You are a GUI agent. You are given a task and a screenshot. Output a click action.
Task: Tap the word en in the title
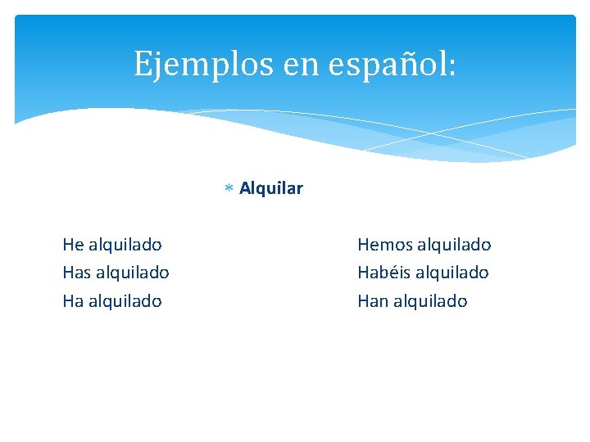click(x=297, y=64)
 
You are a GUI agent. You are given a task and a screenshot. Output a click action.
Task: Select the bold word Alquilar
click(x=271, y=189)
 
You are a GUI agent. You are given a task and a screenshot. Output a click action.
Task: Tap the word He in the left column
click(x=73, y=244)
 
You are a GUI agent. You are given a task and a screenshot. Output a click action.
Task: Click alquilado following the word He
click(x=125, y=244)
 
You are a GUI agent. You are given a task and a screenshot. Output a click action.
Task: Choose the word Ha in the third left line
click(x=73, y=301)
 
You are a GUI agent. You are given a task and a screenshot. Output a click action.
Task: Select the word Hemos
click(x=384, y=244)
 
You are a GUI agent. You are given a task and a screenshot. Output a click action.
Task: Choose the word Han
click(x=373, y=301)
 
